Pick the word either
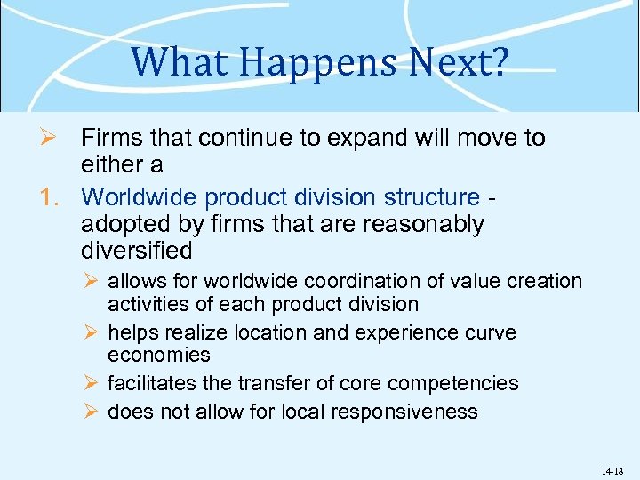[111, 165]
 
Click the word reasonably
[425, 223]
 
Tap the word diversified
[136, 250]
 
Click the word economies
[159, 355]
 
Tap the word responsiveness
[403, 412]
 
